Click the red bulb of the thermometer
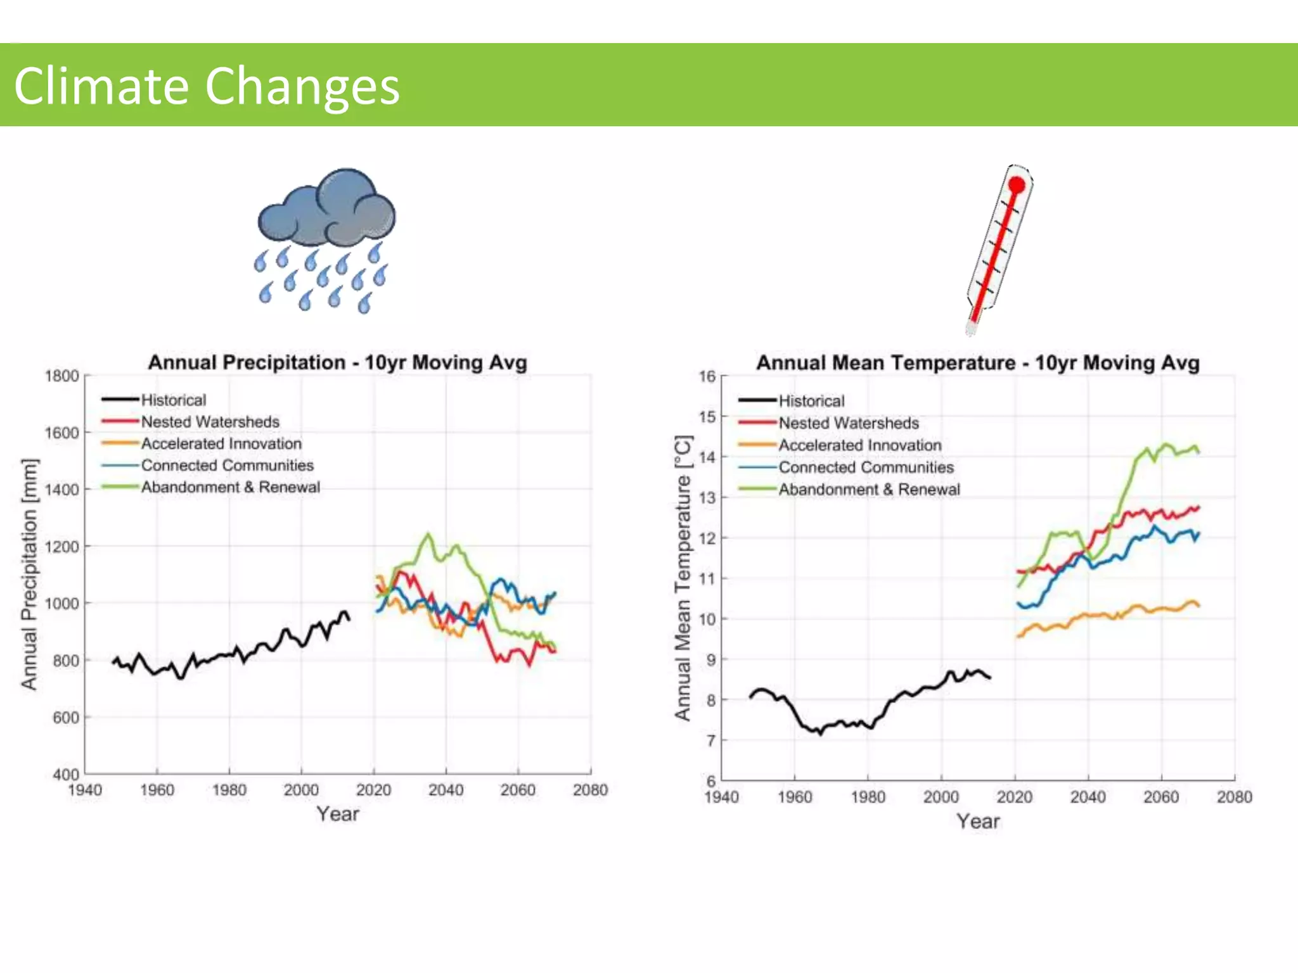click(x=1017, y=185)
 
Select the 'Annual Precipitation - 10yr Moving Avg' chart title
click(x=337, y=362)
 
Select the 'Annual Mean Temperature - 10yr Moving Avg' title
click(x=977, y=363)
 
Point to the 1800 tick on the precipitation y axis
click(x=61, y=376)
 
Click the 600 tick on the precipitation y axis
click(x=66, y=717)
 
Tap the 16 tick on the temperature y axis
click(x=707, y=376)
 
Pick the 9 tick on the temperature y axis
click(x=710, y=659)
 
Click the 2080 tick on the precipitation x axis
click(x=590, y=790)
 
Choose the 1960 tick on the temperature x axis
click(x=795, y=797)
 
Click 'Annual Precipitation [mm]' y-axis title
click(x=29, y=574)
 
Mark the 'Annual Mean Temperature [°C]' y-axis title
click(x=683, y=578)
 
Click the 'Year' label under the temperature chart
click(x=978, y=822)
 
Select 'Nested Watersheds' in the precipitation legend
click(x=210, y=422)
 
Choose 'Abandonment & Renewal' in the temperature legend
click(x=869, y=490)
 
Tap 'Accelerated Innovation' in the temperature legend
click(x=859, y=445)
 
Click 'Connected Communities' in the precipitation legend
click(x=227, y=466)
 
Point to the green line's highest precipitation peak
click(x=428, y=534)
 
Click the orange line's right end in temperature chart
click(x=1198, y=606)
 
